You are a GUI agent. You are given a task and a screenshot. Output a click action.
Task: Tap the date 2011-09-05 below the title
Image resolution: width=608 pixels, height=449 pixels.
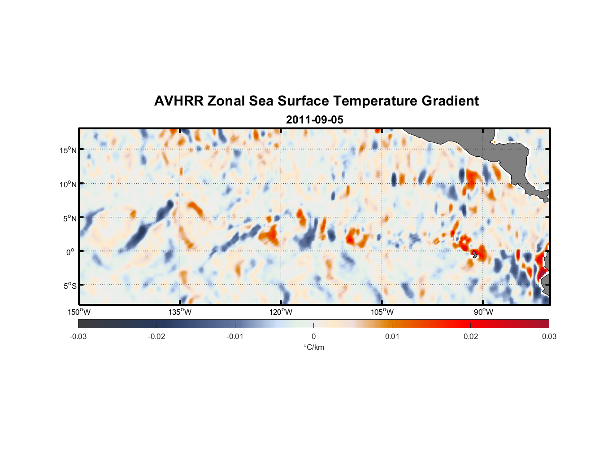click(314, 120)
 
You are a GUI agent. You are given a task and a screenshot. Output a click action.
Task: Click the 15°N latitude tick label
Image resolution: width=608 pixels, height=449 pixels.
click(68, 150)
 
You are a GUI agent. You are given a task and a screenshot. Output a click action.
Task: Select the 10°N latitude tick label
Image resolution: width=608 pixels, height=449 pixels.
click(68, 184)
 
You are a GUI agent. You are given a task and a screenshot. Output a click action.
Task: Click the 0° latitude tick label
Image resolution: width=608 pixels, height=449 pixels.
click(70, 252)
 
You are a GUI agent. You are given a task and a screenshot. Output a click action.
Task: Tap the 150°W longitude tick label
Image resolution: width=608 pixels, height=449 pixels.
click(79, 312)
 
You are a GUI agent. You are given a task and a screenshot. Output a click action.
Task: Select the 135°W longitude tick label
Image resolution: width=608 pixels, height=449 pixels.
click(180, 312)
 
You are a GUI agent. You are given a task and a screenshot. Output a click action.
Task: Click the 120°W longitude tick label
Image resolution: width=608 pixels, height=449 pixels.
click(281, 312)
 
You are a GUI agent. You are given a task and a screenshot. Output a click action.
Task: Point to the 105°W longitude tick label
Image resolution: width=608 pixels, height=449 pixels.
click(382, 312)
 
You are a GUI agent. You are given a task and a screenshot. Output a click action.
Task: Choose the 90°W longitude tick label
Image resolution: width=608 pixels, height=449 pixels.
click(483, 312)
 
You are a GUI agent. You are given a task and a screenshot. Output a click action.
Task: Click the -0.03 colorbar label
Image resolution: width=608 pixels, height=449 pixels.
click(78, 337)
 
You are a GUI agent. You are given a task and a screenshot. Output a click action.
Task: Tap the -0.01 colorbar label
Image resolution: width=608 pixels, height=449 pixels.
click(235, 337)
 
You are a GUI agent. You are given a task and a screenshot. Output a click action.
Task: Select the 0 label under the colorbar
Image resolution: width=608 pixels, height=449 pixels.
click(313, 337)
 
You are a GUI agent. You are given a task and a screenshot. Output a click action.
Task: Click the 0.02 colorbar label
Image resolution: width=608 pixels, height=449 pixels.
click(471, 337)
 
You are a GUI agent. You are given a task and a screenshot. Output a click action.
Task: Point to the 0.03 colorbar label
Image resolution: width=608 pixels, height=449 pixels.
click(549, 337)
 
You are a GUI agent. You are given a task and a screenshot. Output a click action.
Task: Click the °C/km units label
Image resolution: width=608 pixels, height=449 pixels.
click(313, 347)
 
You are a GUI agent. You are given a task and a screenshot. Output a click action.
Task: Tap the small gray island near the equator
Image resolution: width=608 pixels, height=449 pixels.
click(475, 255)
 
